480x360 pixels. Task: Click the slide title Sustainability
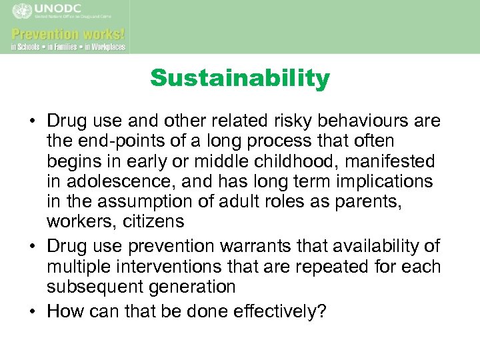click(240, 79)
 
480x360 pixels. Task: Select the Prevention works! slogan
click(67, 33)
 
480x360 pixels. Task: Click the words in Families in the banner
click(63, 47)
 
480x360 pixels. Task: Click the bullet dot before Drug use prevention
click(33, 247)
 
